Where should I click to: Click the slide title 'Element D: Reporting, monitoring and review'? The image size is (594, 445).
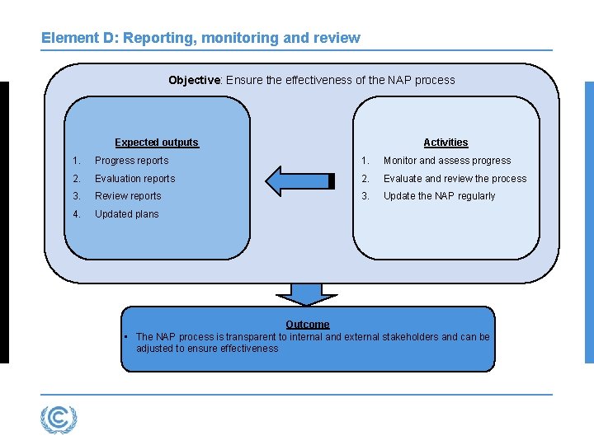tap(200, 38)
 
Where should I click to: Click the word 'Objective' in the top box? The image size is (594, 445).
tap(194, 80)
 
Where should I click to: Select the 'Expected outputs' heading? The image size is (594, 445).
tap(157, 143)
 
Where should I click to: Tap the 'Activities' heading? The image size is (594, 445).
tap(445, 143)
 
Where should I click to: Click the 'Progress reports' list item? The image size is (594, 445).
tap(131, 161)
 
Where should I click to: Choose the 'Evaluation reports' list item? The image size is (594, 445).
tap(134, 179)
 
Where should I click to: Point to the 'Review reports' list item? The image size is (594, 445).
tap(128, 196)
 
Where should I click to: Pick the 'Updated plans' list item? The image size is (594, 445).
tap(126, 214)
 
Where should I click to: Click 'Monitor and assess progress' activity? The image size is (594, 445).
tap(446, 161)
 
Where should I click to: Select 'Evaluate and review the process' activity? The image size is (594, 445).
tap(455, 179)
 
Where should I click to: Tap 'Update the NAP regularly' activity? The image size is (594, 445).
tap(439, 196)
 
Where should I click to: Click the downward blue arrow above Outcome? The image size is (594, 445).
tap(307, 294)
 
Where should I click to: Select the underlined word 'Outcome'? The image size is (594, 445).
tap(307, 325)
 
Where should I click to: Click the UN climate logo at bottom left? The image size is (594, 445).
tap(59, 419)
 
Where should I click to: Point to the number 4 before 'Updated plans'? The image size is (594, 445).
tap(75, 214)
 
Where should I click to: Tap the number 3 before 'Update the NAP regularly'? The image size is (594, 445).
tap(364, 196)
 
